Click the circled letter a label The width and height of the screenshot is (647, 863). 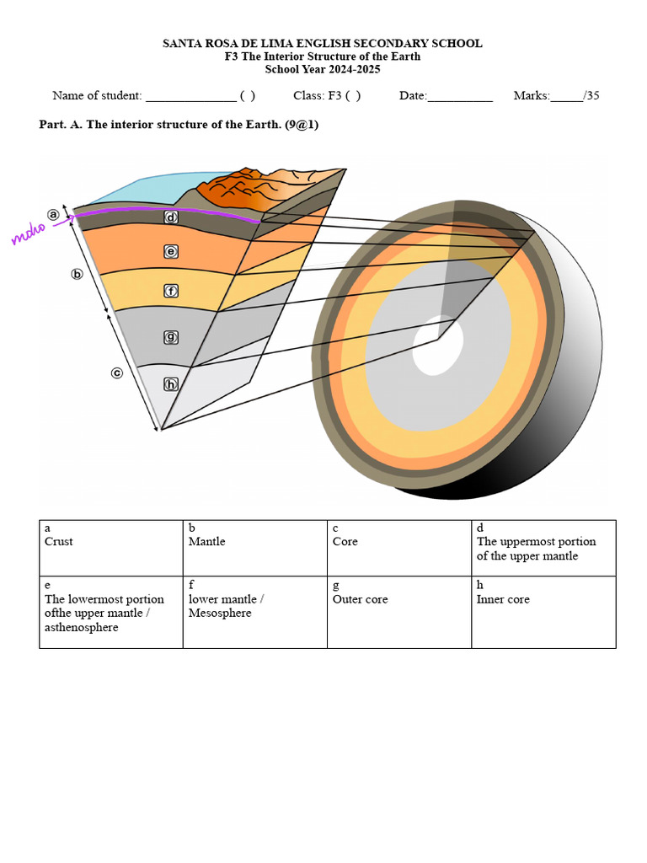pyautogui.click(x=55, y=215)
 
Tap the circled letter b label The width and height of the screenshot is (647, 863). pyautogui.click(x=78, y=274)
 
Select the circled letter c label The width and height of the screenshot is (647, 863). pyautogui.click(x=118, y=373)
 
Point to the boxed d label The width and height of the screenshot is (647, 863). pyautogui.click(x=171, y=217)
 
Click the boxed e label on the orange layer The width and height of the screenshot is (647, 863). pyautogui.click(x=171, y=251)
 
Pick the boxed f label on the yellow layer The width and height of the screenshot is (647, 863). pyautogui.click(x=171, y=291)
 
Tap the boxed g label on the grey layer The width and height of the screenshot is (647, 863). pyautogui.click(x=171, y=337)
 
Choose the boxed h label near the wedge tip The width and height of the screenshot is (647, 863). pyautogui.click(x=171, y=384)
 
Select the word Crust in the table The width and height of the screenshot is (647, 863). pyautogui.click(x=59, y=541)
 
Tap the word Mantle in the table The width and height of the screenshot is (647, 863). pyautogui.click(x=207, y=541)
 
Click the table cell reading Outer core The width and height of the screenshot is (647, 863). pyautogui.click(x=361, y=599)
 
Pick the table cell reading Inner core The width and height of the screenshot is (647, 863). pyautogui.click(x=503, y=599)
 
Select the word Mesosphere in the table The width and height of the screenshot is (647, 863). pyautogui.click(x=220, y=613)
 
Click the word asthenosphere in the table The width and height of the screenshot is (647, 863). pyautogui.click(x=82, y=627)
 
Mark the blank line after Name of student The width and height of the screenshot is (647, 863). pyautogui.click(x=191, y=96)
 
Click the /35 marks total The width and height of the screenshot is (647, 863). pyautogui.click(x=591, y=95)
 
